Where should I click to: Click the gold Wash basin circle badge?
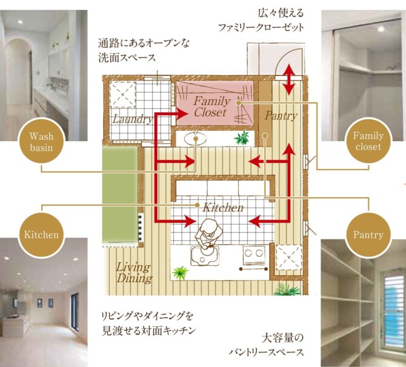click(41, 141)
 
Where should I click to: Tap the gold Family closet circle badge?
click(368, 141)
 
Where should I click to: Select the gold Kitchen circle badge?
click(41, 234)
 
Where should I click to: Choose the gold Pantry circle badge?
click(368, 235)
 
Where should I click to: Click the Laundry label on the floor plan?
click(133, 119)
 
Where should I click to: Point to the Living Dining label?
click(134, 273)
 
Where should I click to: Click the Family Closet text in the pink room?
click(211, 107)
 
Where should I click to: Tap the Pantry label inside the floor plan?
click(281, 116)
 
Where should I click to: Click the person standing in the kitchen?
click(208, 234)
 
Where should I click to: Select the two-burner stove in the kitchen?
click(254, 255)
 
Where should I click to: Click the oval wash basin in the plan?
click(196, 139)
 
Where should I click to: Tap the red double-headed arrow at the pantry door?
click(289, 80)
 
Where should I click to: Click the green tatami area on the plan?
click(120, 194)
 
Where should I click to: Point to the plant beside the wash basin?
click(242, 138)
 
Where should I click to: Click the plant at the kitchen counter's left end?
click(180, 273)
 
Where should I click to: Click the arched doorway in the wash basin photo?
click(19, 73)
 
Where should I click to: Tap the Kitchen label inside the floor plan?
click(223, 208)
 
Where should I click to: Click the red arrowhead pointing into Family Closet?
click(182, 113)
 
